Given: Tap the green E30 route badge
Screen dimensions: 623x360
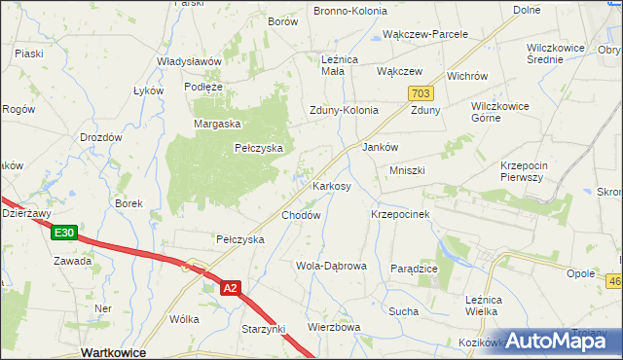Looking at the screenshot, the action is [x=64, y=233].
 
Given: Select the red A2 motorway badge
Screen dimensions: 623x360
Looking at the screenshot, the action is [x=230, y=288].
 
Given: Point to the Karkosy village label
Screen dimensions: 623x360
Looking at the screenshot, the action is [x=331, y=186].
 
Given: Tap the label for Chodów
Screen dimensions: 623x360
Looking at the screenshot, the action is [x=301, y=215].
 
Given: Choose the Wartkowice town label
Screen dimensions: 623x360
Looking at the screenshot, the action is [x=114, y=352].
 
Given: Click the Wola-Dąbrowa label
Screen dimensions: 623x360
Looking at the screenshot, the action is [x=331, y=266].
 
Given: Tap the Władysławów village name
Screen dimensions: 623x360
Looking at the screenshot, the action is [x=190, y=60].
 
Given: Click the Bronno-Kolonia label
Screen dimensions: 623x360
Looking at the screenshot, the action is [x=349, y=11].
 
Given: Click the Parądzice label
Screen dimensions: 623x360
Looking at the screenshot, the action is [x=414, y=269].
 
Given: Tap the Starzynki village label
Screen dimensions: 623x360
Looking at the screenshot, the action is [x=264, y=330].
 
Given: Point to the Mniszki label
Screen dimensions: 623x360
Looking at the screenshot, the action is [x=407, y=170].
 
